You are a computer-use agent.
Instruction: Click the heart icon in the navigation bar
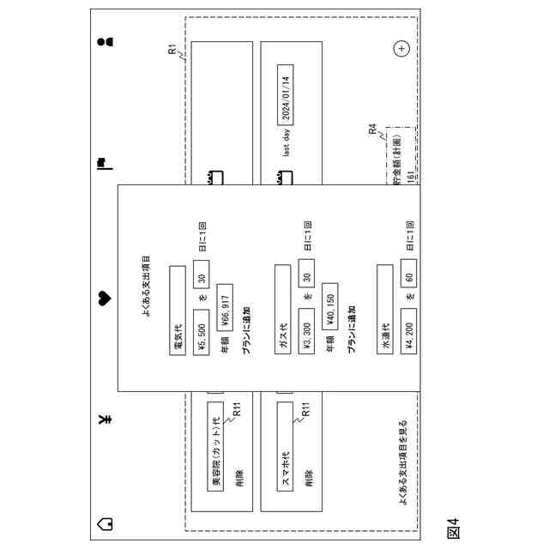[x=105, y=299]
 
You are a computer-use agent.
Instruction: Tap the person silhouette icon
[x=105, y=40]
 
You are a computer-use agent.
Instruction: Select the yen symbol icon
[x=105, y=419]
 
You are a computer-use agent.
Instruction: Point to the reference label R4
[x=373, y=130]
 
